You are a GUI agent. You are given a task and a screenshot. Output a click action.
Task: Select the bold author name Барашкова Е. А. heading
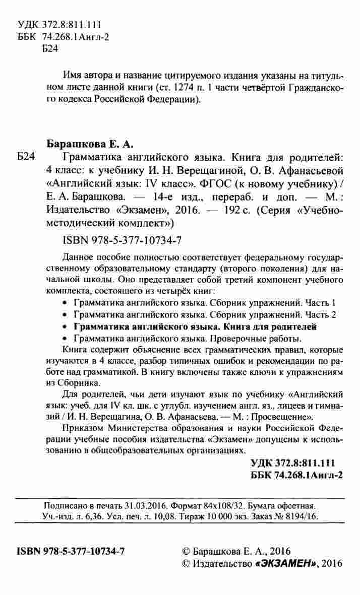(90, 144)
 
